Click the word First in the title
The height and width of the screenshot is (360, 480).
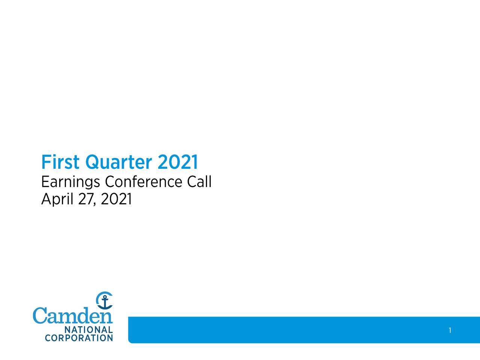tap(60, 162)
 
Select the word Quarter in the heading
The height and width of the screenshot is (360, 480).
tap(118, 163)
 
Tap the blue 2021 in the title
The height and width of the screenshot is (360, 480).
tap(178, 162)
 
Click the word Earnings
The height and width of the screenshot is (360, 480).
tap(70, 182)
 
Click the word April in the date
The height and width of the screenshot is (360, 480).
tap(57, 199)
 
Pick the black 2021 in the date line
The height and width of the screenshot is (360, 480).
tap(116, 199)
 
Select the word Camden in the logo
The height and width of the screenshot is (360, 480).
tap(72, 316)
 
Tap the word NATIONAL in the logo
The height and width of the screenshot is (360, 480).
tap(89, 330)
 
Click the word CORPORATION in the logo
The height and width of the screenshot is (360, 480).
tap(79, 338)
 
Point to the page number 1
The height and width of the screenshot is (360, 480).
tap(450, 330)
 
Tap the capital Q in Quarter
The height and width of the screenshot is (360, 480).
tap(92, 163)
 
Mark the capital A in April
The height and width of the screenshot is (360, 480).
tap(46, 199)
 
